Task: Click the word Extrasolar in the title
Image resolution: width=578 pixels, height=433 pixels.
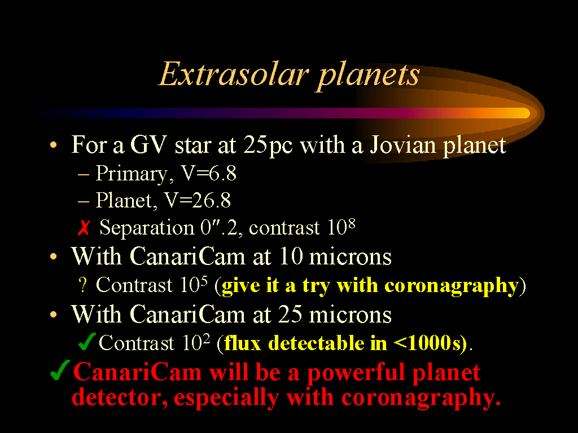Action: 233,74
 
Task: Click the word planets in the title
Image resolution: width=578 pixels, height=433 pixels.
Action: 368,77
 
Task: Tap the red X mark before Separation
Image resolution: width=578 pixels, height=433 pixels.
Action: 84,228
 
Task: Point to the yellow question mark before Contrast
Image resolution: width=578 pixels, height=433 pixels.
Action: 83,285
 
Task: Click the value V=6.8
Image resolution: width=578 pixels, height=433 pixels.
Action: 208,173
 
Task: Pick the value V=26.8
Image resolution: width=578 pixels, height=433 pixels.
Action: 198,200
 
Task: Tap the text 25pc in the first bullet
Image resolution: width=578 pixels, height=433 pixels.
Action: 268,146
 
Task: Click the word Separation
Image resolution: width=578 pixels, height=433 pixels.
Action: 147,228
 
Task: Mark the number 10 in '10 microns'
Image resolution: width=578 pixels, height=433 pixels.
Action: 291,257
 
